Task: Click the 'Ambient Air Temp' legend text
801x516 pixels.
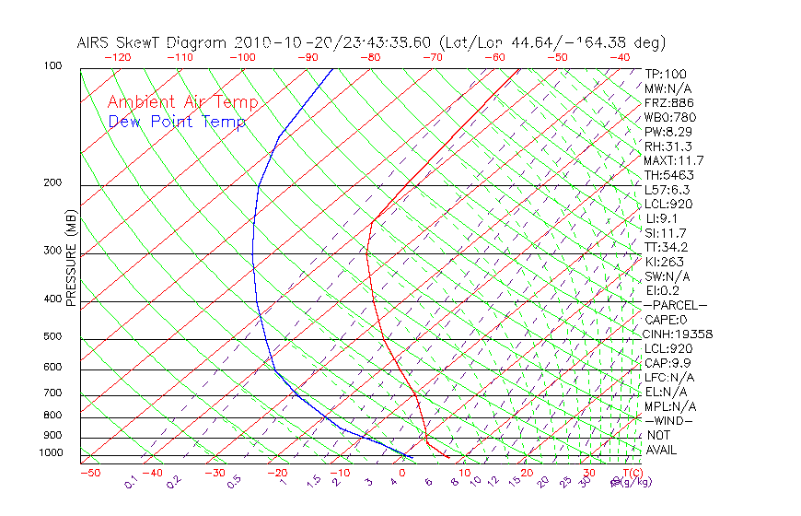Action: click(x=182, y=102)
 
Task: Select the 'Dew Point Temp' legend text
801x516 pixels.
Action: click(x=177, y=122)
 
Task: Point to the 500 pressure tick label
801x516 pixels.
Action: click(x=52, y=336)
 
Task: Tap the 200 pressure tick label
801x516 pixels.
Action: click(x=52, y=182)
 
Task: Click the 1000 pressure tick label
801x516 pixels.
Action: click(x=52, y=452)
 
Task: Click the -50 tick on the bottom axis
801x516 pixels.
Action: click(x=89, y=473)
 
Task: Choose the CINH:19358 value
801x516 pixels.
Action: click(x=679, y=334)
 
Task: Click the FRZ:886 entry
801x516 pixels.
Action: click(x=669, y=102)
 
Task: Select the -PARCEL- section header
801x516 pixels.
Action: click(x=675, y=305)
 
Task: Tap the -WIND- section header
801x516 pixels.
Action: click(x=668, y=420)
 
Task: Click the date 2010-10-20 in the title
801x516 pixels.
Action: click(x=278, y=42)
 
